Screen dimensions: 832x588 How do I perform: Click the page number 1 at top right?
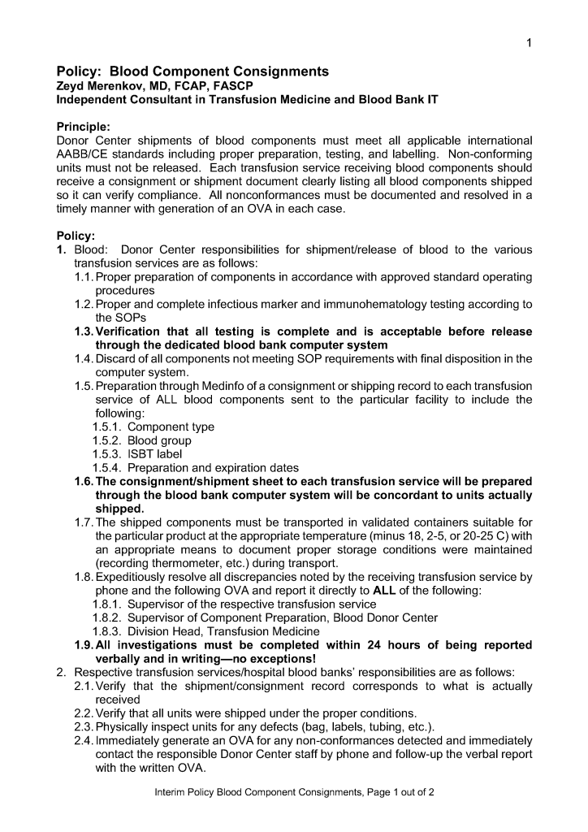point(529,43)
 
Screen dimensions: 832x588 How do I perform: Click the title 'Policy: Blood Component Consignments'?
point(192,71)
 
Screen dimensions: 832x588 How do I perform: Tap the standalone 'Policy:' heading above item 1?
point(76,236)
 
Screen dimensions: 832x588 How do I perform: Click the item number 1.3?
point(84,331)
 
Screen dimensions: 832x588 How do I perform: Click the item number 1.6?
point(84,482)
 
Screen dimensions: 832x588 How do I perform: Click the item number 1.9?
point(84,645)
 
